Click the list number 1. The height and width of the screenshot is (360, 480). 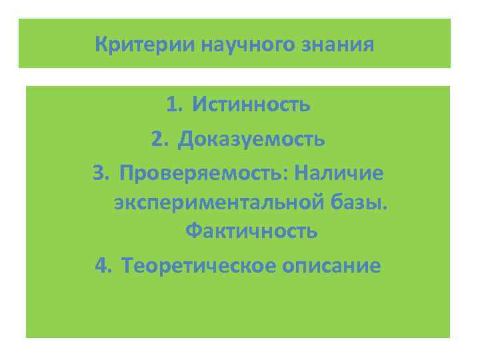(173, 105)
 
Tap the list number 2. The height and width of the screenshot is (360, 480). (158, 139)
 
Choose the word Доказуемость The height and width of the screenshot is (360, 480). (251, 139)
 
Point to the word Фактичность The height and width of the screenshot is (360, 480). (251, 231)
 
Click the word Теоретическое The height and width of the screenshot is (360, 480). (191, 266)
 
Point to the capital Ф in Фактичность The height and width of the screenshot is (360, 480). (193, 231)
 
